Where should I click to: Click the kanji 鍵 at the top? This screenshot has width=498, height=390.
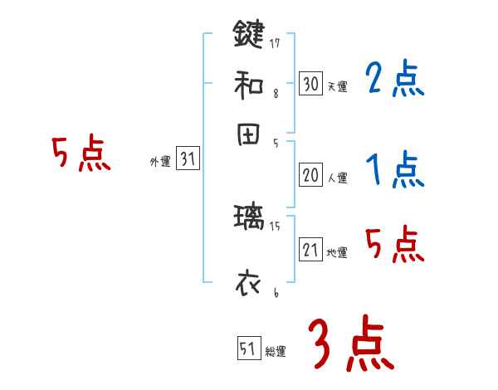[x=248, y=34]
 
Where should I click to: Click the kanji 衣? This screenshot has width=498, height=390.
[x=248, y=282]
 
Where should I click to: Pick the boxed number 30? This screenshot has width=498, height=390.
[x=310, y=84]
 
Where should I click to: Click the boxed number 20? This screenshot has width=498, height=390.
[x=310, y=175]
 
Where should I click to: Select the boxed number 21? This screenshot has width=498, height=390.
[x=310, y=250]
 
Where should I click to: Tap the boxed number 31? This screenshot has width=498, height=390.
[x=188, y=160]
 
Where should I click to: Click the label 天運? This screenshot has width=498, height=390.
[x=337, y=86]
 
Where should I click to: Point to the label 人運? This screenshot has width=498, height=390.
[x=337, y=178]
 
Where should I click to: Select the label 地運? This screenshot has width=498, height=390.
[x=337, y=252]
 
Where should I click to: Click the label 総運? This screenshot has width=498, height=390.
[x=276, y=352]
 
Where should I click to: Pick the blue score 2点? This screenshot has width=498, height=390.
[x=394, y=80]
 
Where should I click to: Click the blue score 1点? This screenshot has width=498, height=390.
[x=394, y=171]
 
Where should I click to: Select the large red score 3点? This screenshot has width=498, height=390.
[x=350, y=344]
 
